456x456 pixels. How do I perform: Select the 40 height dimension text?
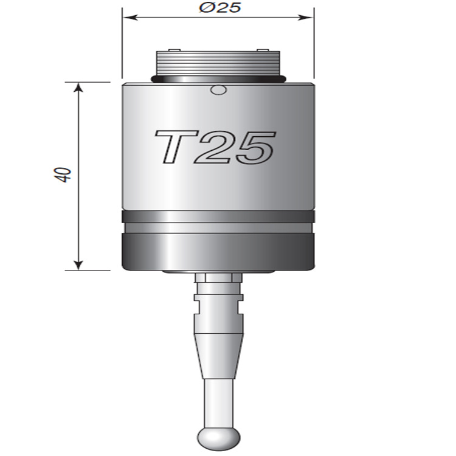click(66, 174)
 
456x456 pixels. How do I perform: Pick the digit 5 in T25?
click(252, 147)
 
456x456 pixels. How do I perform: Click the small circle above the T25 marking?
click(217, 91)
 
